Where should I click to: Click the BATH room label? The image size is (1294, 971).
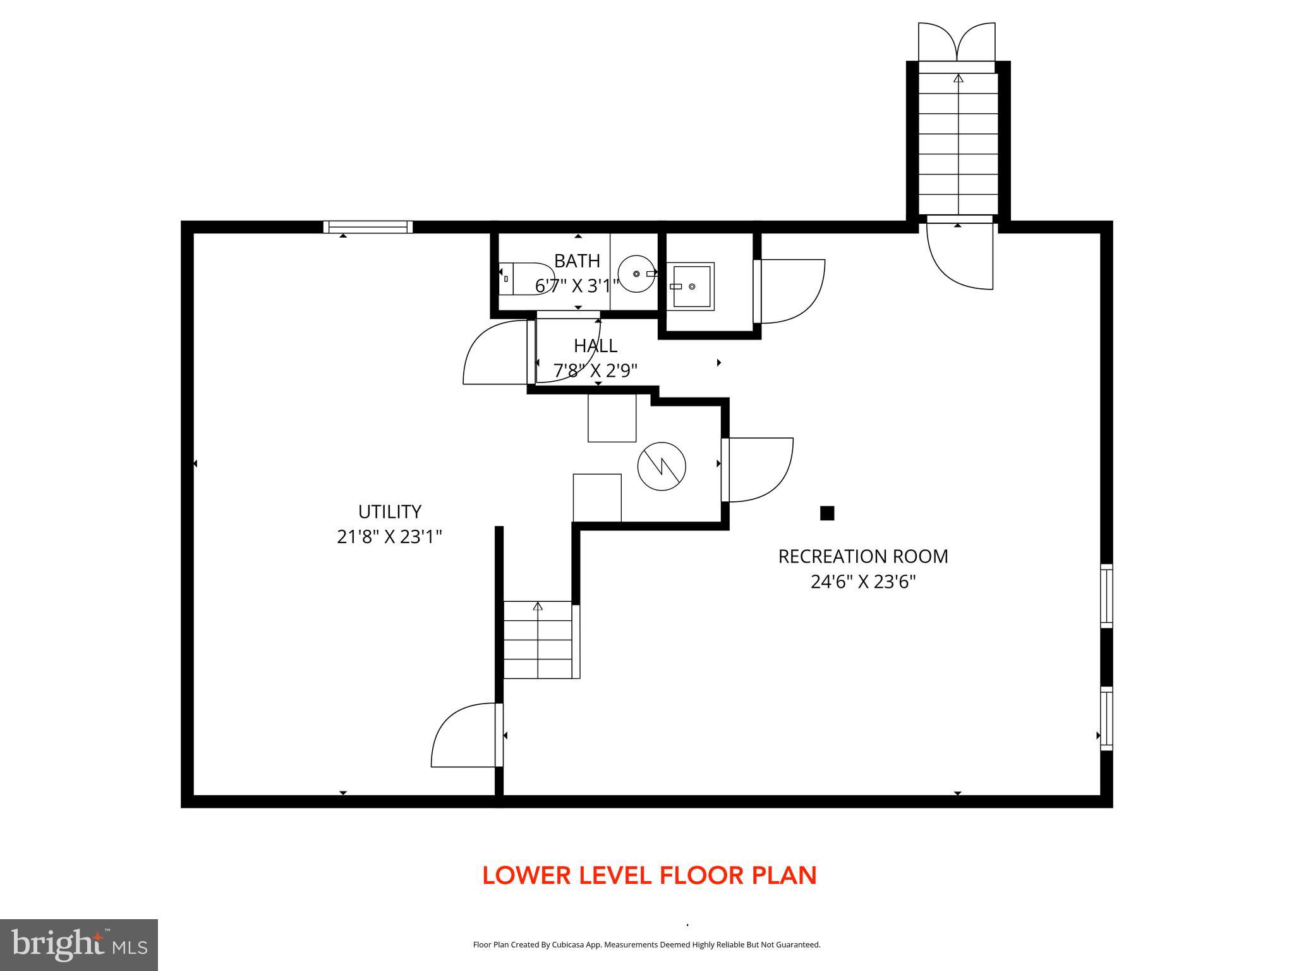click(576, 260)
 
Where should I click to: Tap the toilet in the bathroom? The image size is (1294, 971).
click(526, 279)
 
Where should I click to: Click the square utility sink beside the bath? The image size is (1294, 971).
click(691, 286)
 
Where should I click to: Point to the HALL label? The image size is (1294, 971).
click(595, 346)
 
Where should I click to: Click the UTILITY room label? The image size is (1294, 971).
click(389, 511)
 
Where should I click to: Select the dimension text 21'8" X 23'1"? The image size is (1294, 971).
click(389, 537)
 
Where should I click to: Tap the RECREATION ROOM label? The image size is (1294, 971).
click(862, 556)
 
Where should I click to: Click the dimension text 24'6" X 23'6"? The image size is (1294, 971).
click(862, 582)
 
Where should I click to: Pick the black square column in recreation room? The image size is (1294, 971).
click(826, 513)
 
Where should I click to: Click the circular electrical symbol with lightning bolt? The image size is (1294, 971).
click(662, 467)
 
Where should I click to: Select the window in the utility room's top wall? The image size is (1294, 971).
click(368, 227)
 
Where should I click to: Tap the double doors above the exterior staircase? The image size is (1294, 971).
click(957, 42)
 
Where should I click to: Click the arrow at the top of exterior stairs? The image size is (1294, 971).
click(958, 78)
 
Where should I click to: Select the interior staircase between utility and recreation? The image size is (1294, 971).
click(538, 640)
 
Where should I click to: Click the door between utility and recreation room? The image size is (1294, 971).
click(466, 735)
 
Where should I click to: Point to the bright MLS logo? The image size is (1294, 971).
click(79, 944)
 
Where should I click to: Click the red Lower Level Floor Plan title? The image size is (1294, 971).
click(649, 876)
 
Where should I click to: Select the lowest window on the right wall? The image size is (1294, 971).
click(1106, 719)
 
